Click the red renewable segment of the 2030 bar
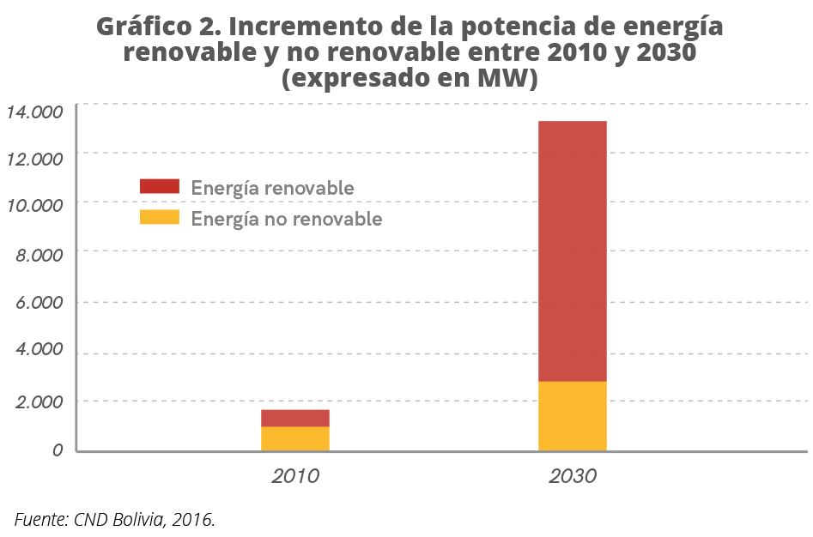point(572,250)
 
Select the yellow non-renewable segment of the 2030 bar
point(572,416)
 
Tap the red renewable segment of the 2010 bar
point(295,418)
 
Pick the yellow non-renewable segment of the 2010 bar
point(295,438)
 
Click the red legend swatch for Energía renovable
point(159,186)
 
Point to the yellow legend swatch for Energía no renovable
point(159,217)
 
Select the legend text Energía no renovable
point(286,219)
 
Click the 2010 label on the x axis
point(295,475)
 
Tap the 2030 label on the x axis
point(572,475)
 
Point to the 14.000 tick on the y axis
point(35,112)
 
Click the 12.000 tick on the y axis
point(35,159)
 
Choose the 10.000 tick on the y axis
point(35,206)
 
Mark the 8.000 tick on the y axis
point(39,255)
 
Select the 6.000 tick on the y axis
point(39,303)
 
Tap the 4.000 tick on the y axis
point(39,350)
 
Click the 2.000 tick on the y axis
point(39,401)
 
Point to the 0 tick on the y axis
point(58,450)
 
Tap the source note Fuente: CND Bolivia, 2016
point(114,518)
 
